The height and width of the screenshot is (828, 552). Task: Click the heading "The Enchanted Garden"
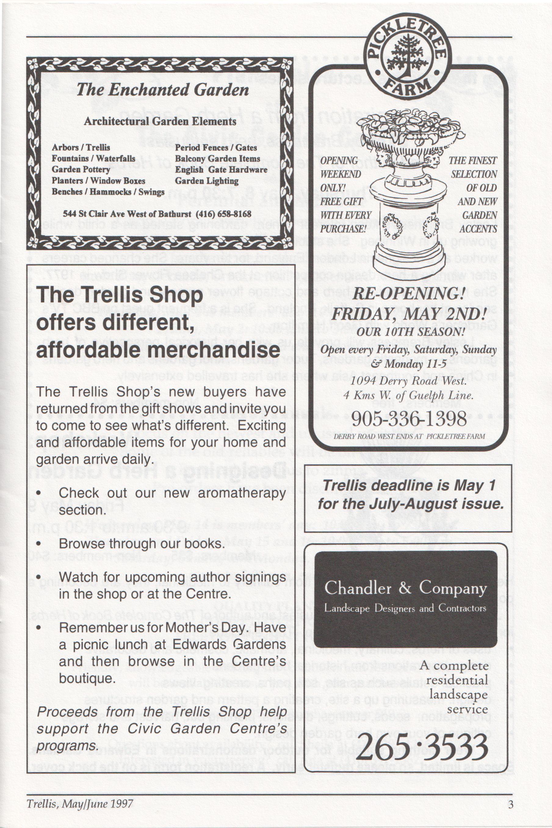click(x=163, y=90)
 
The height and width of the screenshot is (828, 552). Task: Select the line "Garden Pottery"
click(x=81, y=169)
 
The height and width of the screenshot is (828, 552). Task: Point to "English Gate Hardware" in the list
click(x=221, y=170)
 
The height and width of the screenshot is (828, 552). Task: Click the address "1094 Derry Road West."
click(x=409, y=381)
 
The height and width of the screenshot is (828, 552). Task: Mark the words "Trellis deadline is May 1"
click(x=409, y=486)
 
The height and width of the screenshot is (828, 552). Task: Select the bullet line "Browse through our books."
click(x=142, y=544)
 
